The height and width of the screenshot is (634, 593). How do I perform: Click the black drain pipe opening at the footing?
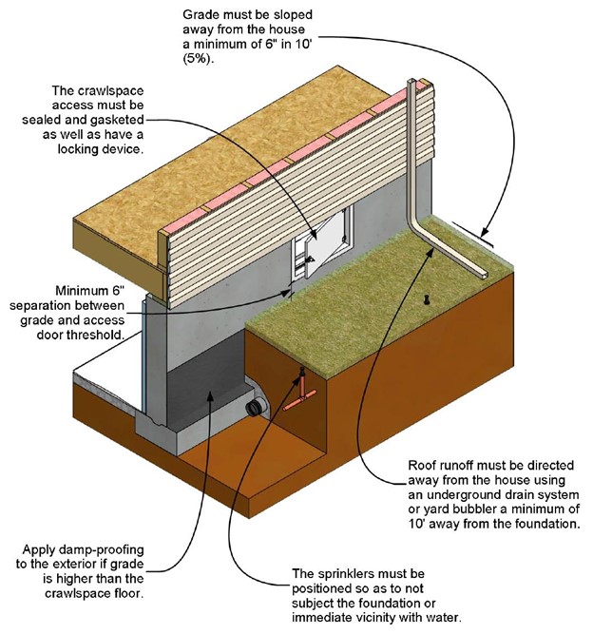[x=257, y=407]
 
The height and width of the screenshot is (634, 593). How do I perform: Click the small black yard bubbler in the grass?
[x=426, y=299]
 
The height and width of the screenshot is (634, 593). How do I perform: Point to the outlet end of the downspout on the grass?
[x=483, y=276]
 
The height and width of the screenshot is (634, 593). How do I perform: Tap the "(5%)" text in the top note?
[x=198, y=59]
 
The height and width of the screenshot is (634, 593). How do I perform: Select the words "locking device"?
[x=100, y=149]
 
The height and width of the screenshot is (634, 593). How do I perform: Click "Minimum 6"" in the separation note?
[x=89, y=291]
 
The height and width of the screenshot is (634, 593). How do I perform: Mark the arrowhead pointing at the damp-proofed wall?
[x=209, y=395]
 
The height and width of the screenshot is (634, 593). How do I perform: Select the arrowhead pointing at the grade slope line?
[x=484, y=233]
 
